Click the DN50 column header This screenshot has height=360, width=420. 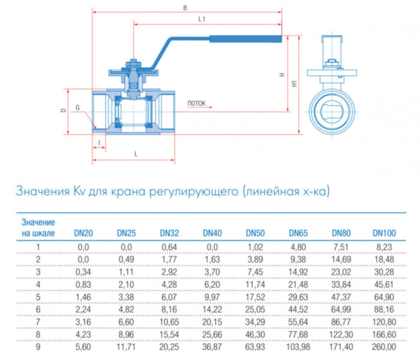pos(254,233)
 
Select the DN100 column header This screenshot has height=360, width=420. pos(384,233)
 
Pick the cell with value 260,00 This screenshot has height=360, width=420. pos(384,346)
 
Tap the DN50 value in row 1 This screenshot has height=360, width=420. pos(254,246)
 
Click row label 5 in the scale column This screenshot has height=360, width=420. pos(38,296)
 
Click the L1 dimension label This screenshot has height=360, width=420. pos(202,20)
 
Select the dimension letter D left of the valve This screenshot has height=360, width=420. pos(62,111)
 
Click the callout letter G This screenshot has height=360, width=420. pos(77,108)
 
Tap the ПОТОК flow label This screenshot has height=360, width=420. pos(196,104)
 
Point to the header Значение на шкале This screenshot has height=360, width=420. pos(38,227)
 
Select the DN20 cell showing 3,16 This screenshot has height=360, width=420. pos(83,321)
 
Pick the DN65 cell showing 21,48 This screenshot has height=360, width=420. pos(298,284)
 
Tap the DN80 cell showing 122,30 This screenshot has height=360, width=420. pos(341,334)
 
